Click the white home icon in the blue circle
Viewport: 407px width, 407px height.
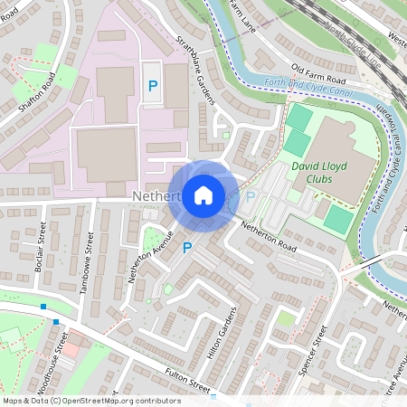(203, 194)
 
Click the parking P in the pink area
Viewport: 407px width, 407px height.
(152, 88)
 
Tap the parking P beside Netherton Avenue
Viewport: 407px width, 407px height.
(187, 247)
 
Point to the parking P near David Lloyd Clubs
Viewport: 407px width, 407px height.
(251, 196)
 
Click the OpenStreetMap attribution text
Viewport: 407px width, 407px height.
(90, 401)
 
